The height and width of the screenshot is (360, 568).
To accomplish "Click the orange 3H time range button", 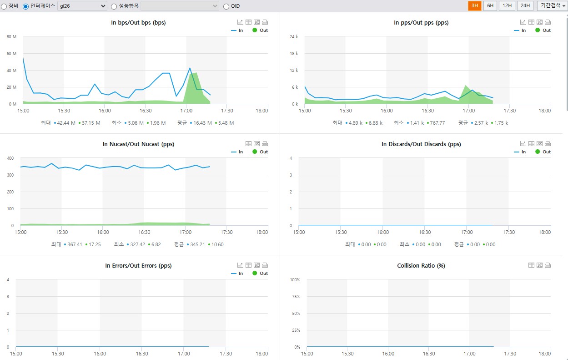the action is coord(474,5).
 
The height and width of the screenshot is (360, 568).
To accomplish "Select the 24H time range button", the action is coord(525,5).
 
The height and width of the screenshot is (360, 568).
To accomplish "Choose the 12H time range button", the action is coord(507,5).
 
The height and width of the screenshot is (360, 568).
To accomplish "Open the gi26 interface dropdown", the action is coord(82,6).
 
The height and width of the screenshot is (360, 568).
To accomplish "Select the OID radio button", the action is coord(226,6).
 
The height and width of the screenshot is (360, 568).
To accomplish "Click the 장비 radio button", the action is coord(4,6).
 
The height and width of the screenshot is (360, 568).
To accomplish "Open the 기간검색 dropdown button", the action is coord(552,5).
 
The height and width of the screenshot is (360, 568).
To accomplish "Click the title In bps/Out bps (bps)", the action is coord(138,23).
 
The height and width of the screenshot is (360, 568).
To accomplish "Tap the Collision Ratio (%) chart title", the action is coord(421,266).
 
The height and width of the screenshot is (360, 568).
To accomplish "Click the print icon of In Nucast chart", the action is coord(265,144).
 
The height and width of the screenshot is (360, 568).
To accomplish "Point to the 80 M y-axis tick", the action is coord(11,37).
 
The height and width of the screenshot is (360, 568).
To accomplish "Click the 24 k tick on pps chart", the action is coord(294,37).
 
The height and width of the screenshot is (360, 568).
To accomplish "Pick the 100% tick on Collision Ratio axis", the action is coord(295,279).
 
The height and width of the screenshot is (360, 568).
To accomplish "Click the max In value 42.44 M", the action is coord(66,123).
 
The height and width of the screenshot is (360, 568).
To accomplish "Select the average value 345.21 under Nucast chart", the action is coord(197,244).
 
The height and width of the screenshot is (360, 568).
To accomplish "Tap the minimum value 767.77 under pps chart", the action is coord(437,123).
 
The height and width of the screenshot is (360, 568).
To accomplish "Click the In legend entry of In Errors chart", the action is coord(237,273).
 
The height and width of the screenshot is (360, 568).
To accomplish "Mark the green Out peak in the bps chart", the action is coord(196,73).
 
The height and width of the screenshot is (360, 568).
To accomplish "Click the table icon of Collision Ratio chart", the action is coord(531,265).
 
